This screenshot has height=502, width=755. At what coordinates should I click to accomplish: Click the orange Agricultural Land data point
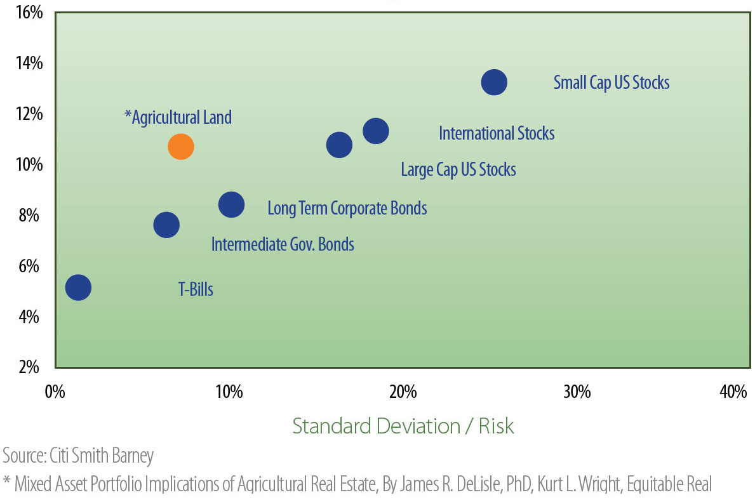pos(180,147)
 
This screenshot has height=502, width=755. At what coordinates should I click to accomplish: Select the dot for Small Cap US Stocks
pos(493,82)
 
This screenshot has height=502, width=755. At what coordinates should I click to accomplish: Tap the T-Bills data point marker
pos(78,287)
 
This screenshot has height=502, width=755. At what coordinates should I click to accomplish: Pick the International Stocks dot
pos(375,131)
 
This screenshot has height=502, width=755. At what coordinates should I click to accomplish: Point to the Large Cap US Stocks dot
pos(339,145)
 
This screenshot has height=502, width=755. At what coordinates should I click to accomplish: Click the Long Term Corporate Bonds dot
pos(231,204)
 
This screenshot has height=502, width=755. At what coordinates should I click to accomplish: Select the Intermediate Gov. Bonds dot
pos(166,225)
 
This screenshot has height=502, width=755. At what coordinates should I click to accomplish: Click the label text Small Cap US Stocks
pos(611,83)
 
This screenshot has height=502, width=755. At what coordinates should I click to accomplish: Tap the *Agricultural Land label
pos(178,117)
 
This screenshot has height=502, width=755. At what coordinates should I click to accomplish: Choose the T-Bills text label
pos(195,290)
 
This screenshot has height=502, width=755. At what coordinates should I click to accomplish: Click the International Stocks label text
pos(497,133)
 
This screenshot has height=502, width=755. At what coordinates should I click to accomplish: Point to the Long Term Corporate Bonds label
pos(347,208)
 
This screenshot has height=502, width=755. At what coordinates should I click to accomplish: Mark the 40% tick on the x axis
pos(733,392)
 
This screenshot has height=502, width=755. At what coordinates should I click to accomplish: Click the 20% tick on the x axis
pos(403,392)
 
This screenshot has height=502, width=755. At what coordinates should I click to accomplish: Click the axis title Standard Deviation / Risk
pos(403,426)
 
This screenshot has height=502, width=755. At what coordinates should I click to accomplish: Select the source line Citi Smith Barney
pos(78,456)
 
